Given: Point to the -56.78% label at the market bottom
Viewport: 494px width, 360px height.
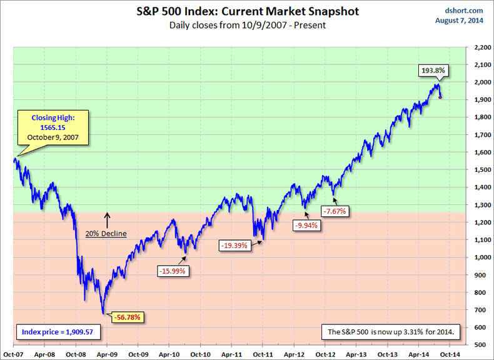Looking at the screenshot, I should click(x=129, y=317).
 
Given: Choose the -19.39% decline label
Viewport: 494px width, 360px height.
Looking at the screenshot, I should click(x=234, y=245).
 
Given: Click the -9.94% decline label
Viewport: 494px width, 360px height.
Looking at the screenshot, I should click(x=306, y=225).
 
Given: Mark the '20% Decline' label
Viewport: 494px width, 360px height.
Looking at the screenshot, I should click(x=106, y=234).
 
